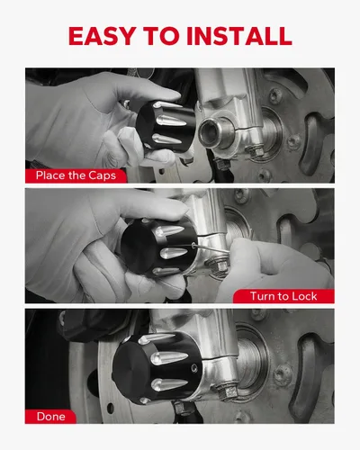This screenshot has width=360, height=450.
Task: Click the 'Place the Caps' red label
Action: coord(76,175)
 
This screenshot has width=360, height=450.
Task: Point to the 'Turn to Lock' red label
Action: coord(283,296)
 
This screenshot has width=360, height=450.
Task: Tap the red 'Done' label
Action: coord(50,417)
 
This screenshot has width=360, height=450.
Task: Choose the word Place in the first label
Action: coord(50,175)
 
